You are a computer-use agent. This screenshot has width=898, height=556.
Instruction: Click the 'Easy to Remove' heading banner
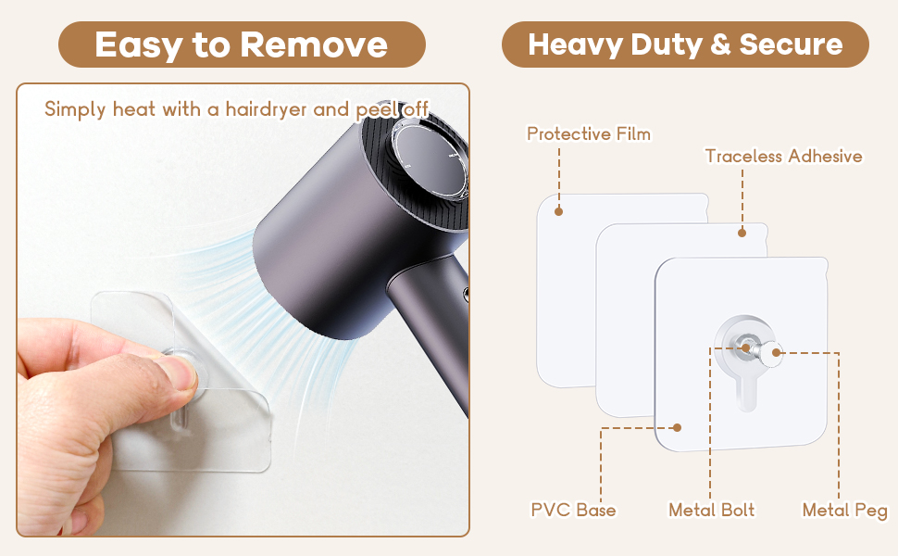tap(242, 44)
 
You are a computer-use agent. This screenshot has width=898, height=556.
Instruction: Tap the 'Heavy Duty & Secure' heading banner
tap(685, 44)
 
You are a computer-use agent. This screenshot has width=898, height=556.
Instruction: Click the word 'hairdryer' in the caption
tap(266, 109)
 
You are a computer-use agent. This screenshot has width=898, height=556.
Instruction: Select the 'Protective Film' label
tap(589, 133)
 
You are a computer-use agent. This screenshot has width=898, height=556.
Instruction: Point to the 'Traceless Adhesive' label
tap(783, 156)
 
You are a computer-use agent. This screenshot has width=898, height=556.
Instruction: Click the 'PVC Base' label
tap(573, 510)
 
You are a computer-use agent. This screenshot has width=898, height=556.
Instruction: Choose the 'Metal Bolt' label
tap(711, 510)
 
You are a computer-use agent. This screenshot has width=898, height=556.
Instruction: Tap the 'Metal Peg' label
tap(844, 511)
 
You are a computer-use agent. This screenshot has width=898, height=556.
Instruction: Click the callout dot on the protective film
tap(559, 211)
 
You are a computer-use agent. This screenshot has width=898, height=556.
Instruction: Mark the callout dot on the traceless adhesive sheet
tap(742, 233)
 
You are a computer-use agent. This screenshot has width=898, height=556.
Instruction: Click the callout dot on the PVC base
tap(677, 427)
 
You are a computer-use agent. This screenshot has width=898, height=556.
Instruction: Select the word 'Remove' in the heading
tap(314, 44)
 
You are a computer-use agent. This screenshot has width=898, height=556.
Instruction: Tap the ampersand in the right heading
tap(720, 44)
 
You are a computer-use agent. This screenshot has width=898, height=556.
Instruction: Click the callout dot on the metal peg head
tap(776, 352)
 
